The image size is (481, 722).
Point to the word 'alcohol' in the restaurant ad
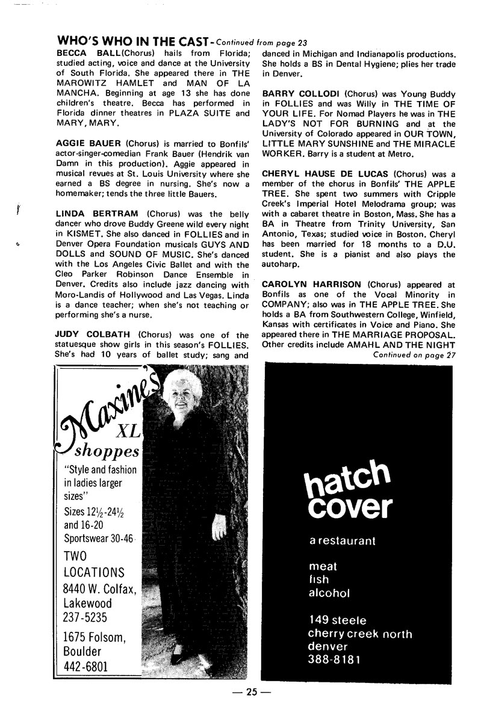(x=329, y=593)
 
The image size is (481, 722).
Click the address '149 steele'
(x=337, y=620)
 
